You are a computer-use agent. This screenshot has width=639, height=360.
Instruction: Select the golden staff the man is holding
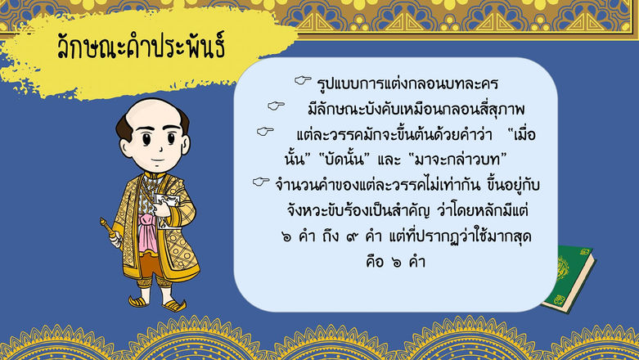pyautogui.click(x=110, y=232)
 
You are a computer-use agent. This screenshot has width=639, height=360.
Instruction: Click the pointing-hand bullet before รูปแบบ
pyautogui.click(x=302, y=81)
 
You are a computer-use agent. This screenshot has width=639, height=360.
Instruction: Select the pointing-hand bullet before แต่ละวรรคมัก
pyautogui.click(x=263, y=131)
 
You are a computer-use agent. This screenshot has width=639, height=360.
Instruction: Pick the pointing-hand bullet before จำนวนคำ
pyautogui.click(x=261, y=182)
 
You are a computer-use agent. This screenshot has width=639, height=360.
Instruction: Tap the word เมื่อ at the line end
pyautogui.click(x=524, y=131)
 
